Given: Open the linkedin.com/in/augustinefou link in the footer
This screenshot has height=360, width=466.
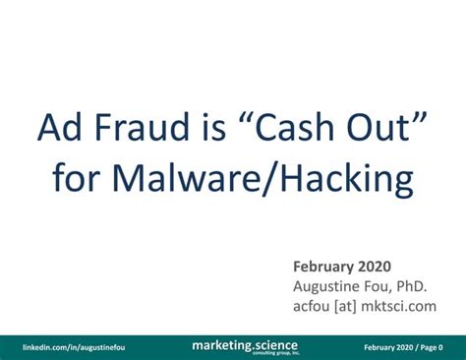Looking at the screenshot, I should tap(75, 346).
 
